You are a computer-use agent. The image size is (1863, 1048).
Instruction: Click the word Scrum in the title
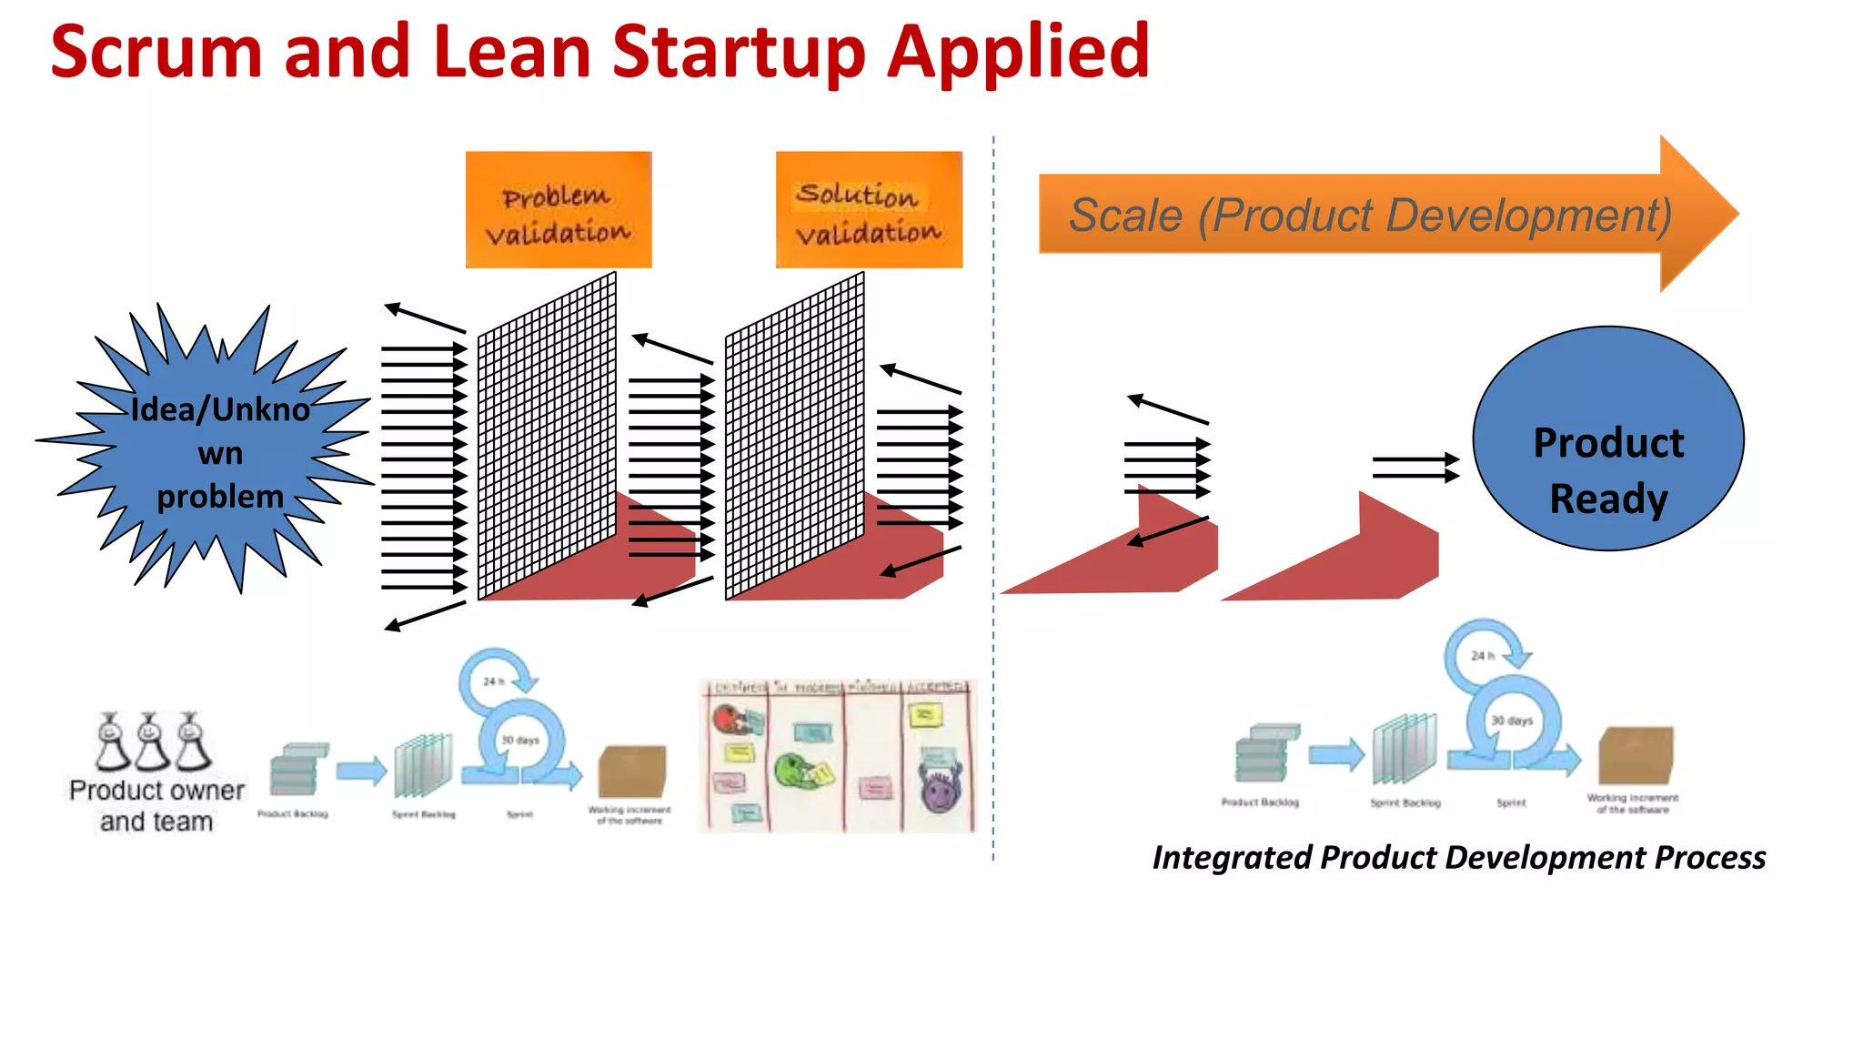156,53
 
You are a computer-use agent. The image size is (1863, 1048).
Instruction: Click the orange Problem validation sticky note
559,210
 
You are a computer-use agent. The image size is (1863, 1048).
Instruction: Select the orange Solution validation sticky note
869,210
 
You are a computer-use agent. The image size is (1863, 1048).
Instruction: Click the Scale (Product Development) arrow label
1369,216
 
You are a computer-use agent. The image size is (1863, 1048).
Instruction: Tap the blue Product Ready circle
1607,438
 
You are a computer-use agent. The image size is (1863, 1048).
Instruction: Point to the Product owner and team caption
156,806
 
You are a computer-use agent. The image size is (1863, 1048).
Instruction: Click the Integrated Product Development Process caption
1458,858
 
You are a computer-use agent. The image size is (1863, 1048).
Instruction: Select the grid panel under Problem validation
547,437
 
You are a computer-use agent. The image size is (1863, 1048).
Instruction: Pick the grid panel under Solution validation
794,437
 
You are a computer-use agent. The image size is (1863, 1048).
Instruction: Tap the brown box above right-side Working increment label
1636,754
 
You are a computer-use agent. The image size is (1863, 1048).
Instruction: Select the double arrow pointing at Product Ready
1415,469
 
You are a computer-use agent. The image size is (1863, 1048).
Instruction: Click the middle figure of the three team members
150,741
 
